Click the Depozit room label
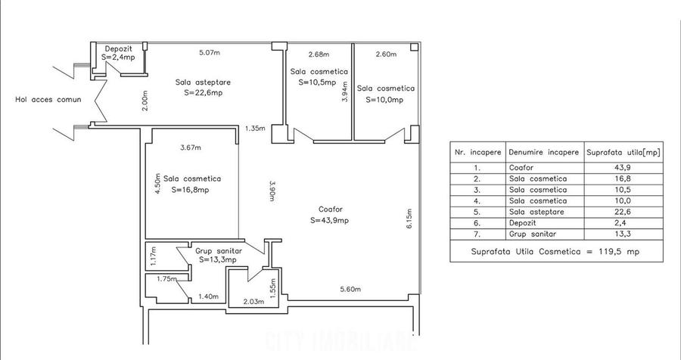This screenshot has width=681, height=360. tap(118, 49)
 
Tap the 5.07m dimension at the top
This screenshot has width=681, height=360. tap(209, 53)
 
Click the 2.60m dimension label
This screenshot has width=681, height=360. tap(384, 54)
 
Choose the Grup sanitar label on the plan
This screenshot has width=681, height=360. tap(218, 250)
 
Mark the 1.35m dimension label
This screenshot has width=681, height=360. tap(255, 129)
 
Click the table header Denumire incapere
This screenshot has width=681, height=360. tap(543, 152)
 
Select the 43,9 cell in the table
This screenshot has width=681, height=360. tap(623, 168)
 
